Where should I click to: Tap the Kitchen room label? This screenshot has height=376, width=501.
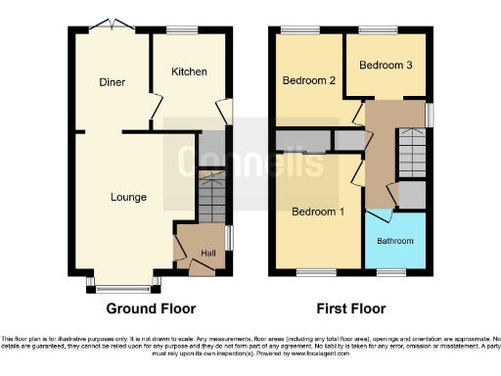pyautogui.click(x=189, y=71)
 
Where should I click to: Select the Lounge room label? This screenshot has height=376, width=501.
pyautogui.click(x=128, y=197)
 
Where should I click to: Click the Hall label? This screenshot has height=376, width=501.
pyautogui.click(x=208, y=254)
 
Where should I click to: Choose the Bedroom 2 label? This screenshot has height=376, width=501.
pyautogui.click(x=310, y=80)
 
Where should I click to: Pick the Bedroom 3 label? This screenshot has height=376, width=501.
pyautogui.click(x=384, y=66)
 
